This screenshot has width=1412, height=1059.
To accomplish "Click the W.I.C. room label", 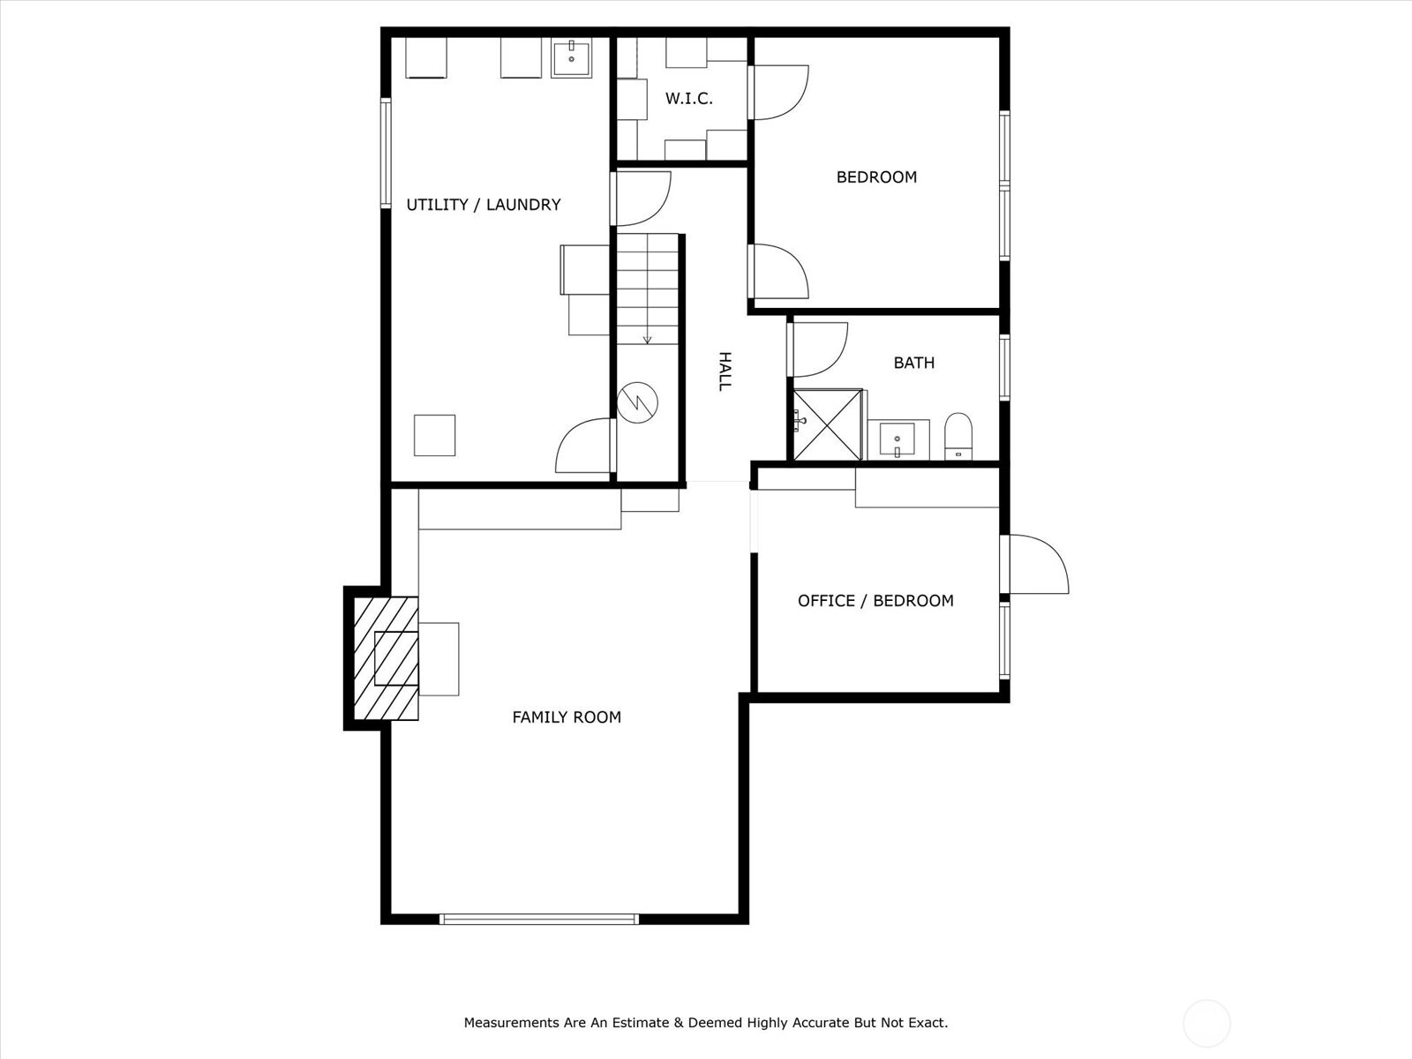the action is point(689,98).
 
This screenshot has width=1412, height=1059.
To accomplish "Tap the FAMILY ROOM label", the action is point(567,717).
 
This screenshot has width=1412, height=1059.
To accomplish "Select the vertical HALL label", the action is point(725,372).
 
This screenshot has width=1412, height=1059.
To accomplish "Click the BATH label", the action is point(914,363).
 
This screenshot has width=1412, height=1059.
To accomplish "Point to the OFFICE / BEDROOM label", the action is point(875,601).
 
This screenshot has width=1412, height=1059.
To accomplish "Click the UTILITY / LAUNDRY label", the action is point(484,205).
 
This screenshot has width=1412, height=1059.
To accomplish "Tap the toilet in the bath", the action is point(958,437).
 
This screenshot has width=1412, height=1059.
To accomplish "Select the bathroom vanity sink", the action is point(898,439).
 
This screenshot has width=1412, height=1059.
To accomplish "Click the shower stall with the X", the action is point(828,425).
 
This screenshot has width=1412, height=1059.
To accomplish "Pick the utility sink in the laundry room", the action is point(571,58).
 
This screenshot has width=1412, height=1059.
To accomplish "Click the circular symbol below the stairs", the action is point(637,402).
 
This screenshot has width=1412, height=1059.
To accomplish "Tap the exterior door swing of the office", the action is point(1037,564).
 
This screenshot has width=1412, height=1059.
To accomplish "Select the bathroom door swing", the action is point(820,349).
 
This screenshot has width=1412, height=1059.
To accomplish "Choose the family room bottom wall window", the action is point(539,919).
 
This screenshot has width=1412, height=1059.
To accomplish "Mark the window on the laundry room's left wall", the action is point(386,153).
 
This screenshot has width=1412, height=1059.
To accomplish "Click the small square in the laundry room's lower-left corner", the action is point(435,435).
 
